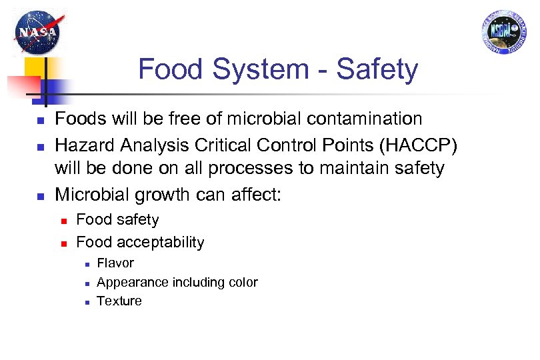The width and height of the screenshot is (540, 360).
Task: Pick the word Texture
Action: tap(119, 301)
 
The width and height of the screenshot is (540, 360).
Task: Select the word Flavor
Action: tap(115, 263)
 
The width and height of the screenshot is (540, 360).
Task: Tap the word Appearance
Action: tap(133, 283)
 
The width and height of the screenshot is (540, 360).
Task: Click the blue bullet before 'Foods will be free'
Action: tap(39, 121)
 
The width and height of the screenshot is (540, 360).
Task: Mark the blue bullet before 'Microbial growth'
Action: tap(39, 197)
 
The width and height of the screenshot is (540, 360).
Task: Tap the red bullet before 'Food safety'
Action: tap(62, 221)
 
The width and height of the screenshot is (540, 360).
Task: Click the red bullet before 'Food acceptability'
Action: tap(62, 243)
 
